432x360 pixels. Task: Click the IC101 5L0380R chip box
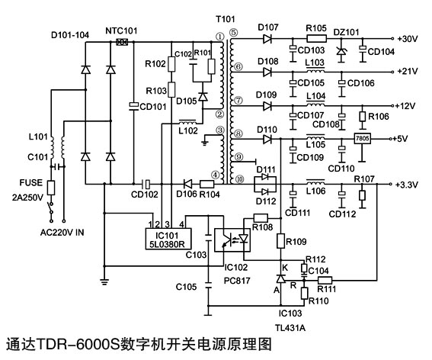168,239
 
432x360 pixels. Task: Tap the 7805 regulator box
363,139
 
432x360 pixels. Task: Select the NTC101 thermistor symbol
122,42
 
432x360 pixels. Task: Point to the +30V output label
408,39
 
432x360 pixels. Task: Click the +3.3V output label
407,185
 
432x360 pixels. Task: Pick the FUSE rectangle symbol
51,188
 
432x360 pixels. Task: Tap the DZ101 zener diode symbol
341,51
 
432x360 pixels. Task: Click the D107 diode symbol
267,39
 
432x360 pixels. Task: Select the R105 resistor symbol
316,39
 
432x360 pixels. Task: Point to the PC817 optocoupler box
232,239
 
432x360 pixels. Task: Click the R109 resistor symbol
280,241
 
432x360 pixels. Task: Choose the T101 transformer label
226,19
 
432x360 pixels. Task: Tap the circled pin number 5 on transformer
233,33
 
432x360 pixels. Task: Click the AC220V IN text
62,233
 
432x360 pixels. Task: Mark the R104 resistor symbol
207,184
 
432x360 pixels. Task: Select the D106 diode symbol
188,184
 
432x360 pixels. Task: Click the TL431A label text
290,328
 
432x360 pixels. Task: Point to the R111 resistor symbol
325,281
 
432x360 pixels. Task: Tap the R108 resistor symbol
261,218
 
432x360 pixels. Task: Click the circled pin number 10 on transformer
240,179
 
